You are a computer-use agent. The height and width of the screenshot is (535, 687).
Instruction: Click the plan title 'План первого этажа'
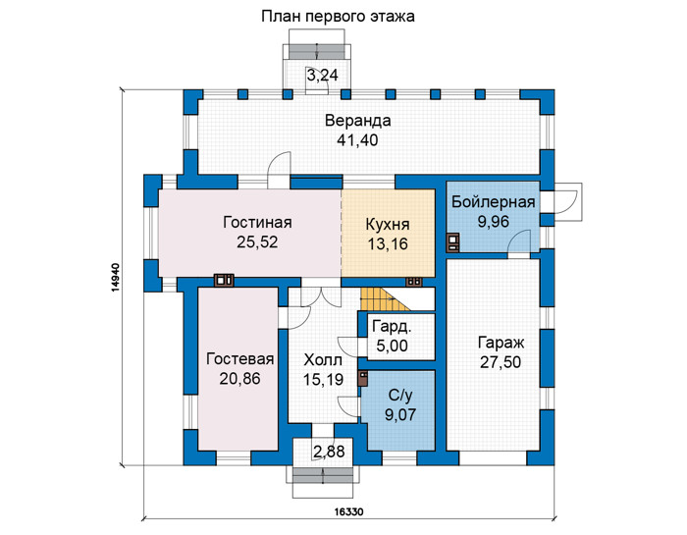(338, 17)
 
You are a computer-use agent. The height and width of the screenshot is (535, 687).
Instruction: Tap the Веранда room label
(357, 121)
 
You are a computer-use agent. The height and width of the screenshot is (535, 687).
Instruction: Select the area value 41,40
(357, 140)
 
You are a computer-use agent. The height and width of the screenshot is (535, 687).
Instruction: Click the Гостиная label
(257, 222)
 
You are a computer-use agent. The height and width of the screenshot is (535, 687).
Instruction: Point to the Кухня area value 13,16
(388, 244)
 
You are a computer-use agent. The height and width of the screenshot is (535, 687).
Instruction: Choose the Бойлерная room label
(494, 202)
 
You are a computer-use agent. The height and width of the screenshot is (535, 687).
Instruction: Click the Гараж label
(501, 343)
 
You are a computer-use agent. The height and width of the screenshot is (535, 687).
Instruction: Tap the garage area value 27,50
(501, 363)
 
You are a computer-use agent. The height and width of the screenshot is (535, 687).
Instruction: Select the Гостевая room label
(240, 359)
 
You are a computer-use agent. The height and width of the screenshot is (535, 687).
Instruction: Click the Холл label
(323, 360)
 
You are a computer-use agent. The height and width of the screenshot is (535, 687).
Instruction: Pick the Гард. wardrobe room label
(392, 327)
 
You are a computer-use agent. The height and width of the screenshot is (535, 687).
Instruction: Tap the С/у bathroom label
(400, 396)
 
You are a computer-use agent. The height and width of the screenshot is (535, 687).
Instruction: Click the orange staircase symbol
(385, 299)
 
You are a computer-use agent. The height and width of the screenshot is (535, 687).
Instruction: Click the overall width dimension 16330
(348, 511)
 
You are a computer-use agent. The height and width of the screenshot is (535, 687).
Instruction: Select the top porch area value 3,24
(323, 76)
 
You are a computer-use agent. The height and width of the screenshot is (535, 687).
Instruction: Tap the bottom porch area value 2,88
(329, 452)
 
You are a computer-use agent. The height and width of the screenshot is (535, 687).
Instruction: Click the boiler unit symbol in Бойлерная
(452, 243)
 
